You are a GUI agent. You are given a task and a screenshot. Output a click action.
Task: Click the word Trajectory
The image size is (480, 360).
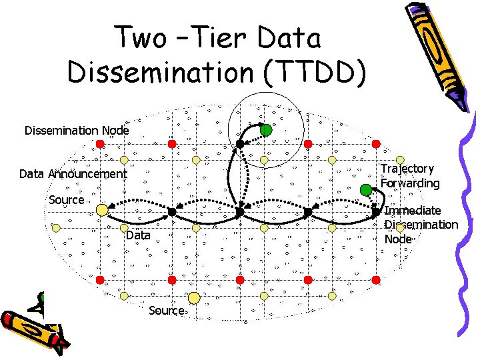[x=407, y=169]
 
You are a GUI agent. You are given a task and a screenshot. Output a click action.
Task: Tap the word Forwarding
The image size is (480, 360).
[x=410, y=183]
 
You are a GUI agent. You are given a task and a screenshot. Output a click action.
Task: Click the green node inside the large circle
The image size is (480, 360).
[x=266, y=129]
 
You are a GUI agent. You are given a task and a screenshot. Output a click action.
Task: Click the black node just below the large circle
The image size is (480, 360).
[x=239, y=144]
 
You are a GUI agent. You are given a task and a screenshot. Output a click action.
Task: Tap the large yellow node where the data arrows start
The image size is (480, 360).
[x=102, y=210]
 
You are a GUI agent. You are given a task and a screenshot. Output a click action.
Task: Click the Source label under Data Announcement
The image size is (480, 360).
[x=67, y=200]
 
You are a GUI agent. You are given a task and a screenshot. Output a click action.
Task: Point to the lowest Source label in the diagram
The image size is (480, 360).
[x=166, y=310]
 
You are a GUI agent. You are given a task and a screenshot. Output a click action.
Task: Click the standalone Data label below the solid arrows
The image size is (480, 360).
[x=138, y=235]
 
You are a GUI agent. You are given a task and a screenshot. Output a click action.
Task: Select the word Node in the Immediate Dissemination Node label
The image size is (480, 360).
[x=398, y=239]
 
